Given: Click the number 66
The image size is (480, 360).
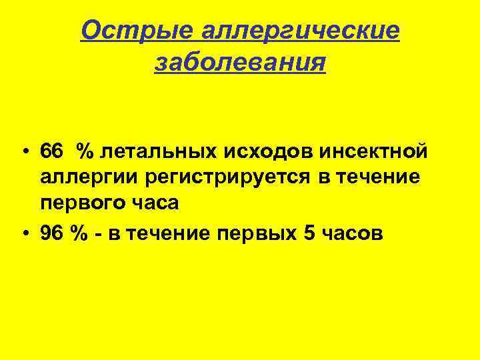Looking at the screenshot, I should coord(51,151).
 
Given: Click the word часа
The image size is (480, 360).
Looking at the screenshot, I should coord(155,203).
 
